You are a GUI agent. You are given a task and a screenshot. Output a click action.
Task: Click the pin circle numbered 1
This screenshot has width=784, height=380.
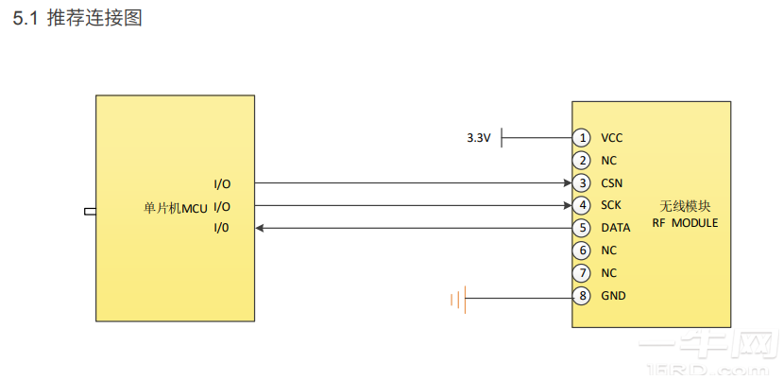click(x=583, y=138)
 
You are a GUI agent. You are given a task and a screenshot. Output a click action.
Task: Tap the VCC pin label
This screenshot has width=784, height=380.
click(x=612, y=138)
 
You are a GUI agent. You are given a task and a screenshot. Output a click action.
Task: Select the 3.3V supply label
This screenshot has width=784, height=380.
click(x=479, y=138)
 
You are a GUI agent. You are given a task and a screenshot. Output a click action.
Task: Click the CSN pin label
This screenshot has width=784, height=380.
click(x=612, y=182)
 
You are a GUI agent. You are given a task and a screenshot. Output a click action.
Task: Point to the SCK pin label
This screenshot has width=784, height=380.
click(x=611, y=205)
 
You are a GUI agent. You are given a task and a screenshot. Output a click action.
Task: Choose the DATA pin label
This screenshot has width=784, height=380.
click(x=616, y=228)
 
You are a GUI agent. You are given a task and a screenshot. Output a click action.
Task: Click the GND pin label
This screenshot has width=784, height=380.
click(x=613, y=296)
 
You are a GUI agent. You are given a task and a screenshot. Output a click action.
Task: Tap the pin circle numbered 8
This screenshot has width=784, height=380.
click(x=583, y=296)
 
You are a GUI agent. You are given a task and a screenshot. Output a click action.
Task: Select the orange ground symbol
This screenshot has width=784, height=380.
click(x=457, y=301)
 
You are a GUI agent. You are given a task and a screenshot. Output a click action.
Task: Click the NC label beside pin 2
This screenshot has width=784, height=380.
click(x=609, y=161)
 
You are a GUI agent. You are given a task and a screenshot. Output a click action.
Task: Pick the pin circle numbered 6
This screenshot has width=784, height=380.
click(x=583, y=250)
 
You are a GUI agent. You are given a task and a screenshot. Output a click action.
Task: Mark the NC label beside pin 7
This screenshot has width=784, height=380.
click(x=609, y=273)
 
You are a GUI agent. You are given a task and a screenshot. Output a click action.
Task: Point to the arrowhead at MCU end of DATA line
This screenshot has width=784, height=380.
click(x=262, y=228)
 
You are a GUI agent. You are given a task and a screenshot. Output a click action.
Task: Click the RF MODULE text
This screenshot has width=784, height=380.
click(x=685, y=223)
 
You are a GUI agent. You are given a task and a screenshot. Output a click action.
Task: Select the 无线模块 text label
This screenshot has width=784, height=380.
click(x=685, y=206)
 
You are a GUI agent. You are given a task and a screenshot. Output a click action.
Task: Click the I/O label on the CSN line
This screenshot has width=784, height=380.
click(x=222, y=183)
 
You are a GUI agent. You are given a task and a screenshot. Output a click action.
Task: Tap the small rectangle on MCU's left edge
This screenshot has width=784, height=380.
click(x=90, y=211)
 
